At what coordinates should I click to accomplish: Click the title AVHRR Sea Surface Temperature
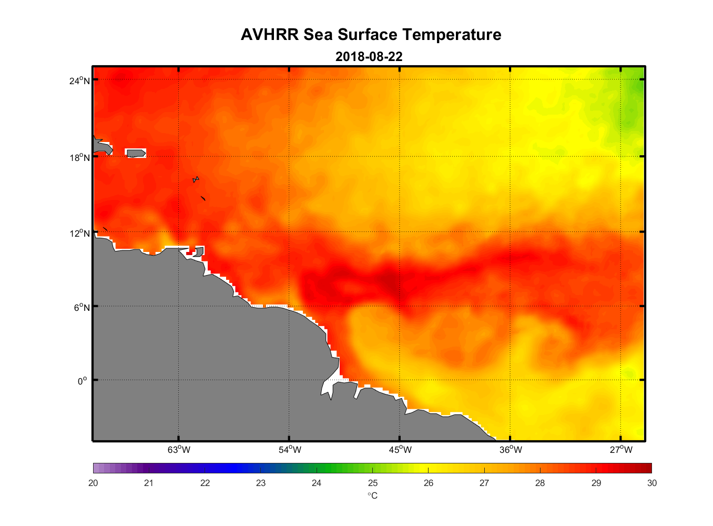point(371,35)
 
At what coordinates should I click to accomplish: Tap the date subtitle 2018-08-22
point(369,56)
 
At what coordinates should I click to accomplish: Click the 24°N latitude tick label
point(80,80)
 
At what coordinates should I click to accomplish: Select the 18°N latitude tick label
point(80,157)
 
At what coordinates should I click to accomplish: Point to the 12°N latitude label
point(80,233)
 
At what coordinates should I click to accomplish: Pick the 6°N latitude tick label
point(82,307)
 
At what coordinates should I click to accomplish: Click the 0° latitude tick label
point(82,381)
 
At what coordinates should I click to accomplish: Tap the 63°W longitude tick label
point(179,450)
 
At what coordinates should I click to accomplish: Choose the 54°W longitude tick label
point(290,450)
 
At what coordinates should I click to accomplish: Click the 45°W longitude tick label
point(400,450)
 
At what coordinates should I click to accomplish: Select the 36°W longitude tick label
point(511,450)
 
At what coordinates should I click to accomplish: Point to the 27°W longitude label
point(621,450)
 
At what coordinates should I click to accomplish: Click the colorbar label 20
point(93,483)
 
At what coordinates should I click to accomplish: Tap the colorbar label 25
point(372,483)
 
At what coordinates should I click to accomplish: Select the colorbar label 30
point(651,483)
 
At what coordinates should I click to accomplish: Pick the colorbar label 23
point(261,483)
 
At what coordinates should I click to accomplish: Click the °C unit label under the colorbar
point(372,496)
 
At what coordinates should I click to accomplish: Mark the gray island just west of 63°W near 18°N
point(136,153)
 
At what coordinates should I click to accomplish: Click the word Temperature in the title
point(452,35)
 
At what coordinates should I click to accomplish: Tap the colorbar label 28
point(540,483)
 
